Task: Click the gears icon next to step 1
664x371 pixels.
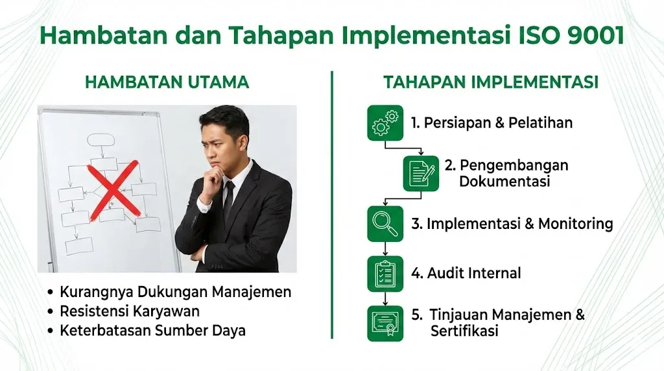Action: [x=385, y=123]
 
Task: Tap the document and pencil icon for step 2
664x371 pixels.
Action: [x=421, y=173]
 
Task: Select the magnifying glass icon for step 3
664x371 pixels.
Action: [x=385, y=224]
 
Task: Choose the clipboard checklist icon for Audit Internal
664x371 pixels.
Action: [x=385, y=273]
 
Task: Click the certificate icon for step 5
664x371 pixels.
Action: [x=385, y=323]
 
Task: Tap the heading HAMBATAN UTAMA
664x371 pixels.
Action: [x=167, y=82]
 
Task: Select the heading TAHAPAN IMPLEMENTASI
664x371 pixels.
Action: [x=490, y=82]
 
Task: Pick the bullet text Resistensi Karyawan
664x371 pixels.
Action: [x=130, y=311]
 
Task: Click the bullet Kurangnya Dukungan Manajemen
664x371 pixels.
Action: [x=175, y=292]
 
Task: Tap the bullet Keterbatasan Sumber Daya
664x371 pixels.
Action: [x=152, y=330]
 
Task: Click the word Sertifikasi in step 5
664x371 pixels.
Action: [x=464, y=331]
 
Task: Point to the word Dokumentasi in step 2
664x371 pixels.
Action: [x=504, y=182]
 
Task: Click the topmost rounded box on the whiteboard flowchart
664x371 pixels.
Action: [x=100, y=139]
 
